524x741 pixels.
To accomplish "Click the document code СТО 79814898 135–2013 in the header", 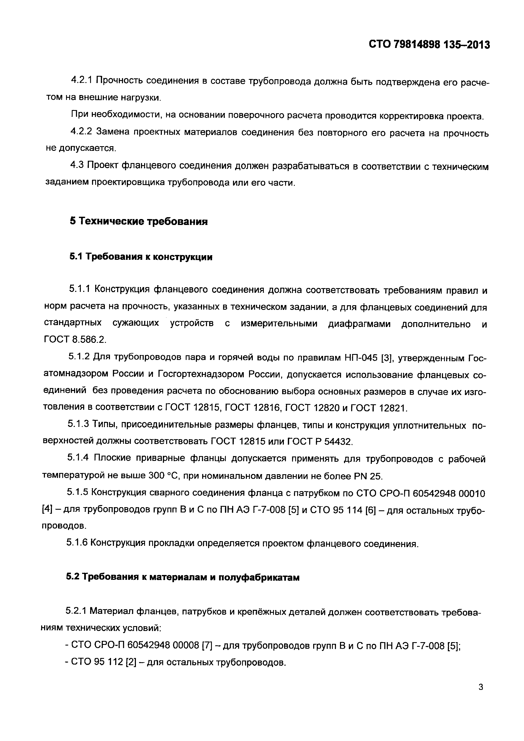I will tap(429, 45).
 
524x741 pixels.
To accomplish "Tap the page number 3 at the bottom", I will tap(481, 696).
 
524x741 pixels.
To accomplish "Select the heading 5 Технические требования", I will tap(139, 222).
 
